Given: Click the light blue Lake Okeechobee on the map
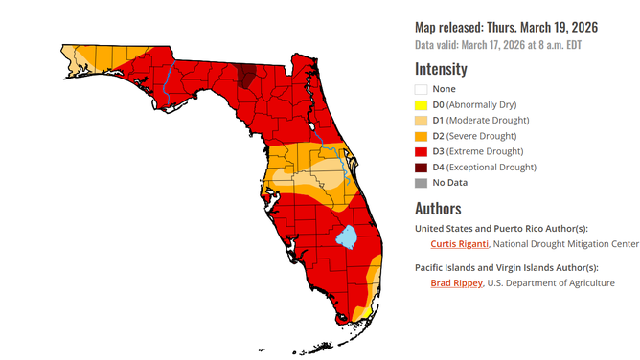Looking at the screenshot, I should point(346,236).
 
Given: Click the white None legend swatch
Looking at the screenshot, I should point(421,89).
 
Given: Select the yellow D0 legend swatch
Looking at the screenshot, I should point(421,104).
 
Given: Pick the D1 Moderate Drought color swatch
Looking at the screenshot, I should point(421,120).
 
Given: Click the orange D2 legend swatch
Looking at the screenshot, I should point(421,136).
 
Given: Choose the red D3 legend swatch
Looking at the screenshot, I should point(421,151).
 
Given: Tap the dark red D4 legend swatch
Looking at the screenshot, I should point(421,167).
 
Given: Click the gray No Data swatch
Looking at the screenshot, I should point(421,182).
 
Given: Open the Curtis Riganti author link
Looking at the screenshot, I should point(458,243).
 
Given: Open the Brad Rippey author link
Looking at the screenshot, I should point(454,283).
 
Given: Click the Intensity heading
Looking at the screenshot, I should point(441,69).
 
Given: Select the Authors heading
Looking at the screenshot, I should point(438,208).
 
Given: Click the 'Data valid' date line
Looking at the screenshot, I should point(497,45).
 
